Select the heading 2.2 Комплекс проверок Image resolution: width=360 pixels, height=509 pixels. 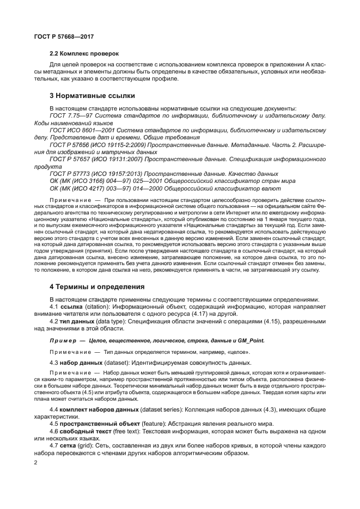pos(84,53)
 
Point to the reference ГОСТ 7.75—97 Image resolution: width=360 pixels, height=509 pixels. pos(70,116)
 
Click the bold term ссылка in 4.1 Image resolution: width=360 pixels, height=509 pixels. pos(74,307)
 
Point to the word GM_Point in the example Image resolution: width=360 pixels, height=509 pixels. pos(252,340)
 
